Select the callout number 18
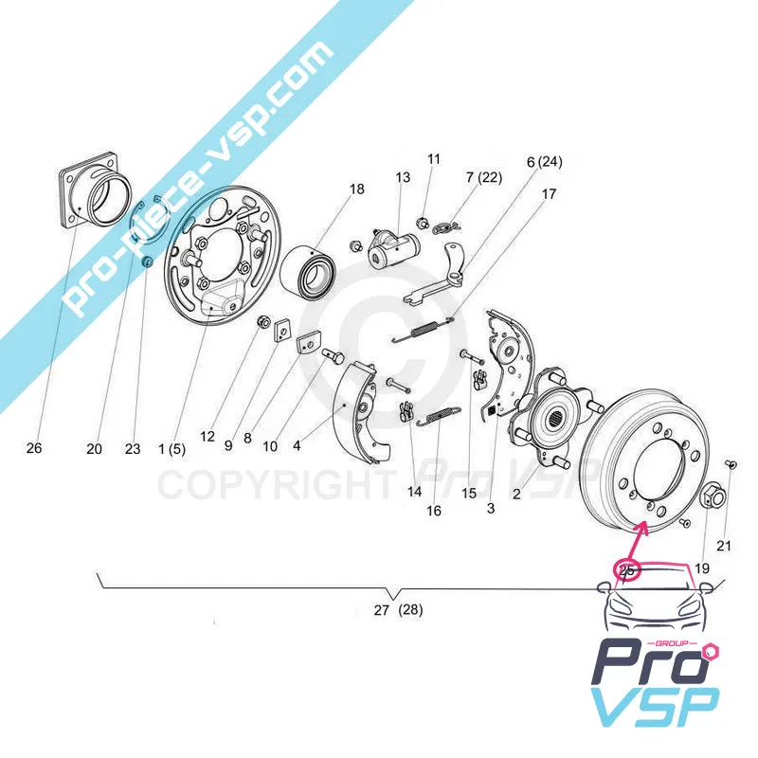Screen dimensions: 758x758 click(356, 189)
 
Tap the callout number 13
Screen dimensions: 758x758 click(403, 177)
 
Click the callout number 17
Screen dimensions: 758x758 click(550, 195)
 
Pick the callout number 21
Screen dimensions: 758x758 click(724, 545)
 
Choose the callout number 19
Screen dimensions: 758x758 click(702, 568)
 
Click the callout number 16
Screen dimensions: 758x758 click(434, 511)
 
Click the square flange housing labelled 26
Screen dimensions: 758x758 click(97, 198)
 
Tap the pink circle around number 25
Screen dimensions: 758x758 click(627, 569)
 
